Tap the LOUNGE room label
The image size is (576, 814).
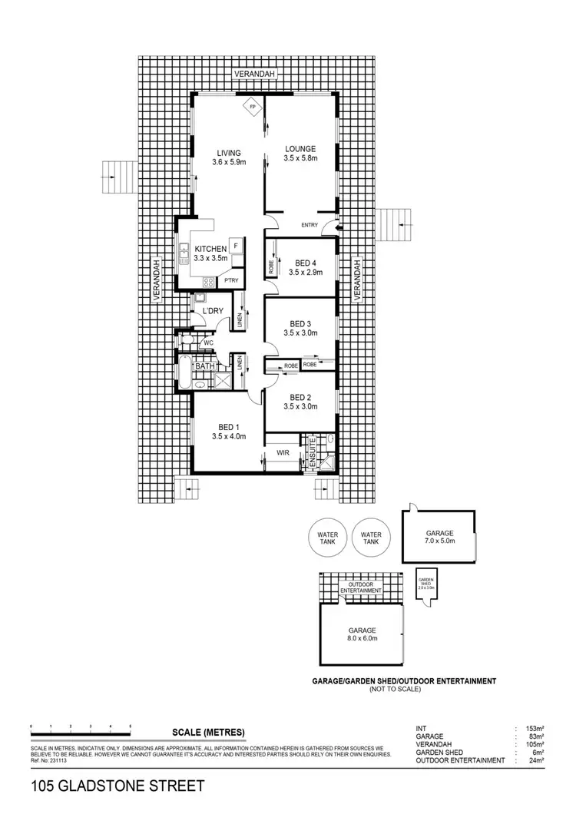point(300,149)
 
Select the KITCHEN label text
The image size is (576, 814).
point(210,249)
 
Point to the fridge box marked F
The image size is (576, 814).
point(235,246)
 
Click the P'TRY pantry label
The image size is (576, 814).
point(231,281)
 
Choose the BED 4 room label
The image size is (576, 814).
point(303,262)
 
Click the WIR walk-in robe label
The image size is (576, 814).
point(282,454)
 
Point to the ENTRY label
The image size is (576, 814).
point(310,225)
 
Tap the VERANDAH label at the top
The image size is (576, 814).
point(257,73)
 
